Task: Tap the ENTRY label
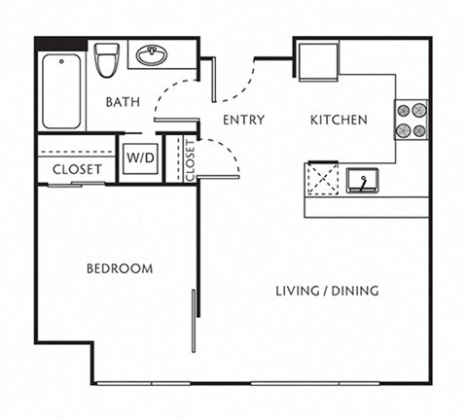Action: [x=242, y=121]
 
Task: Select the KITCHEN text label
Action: [x=338, y=121]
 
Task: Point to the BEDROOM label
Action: [x=119, y=268]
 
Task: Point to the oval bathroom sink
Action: [x=152, y=55]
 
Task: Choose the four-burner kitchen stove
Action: [x=411, y=120]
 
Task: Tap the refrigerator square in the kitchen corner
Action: [x=317, y=61]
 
